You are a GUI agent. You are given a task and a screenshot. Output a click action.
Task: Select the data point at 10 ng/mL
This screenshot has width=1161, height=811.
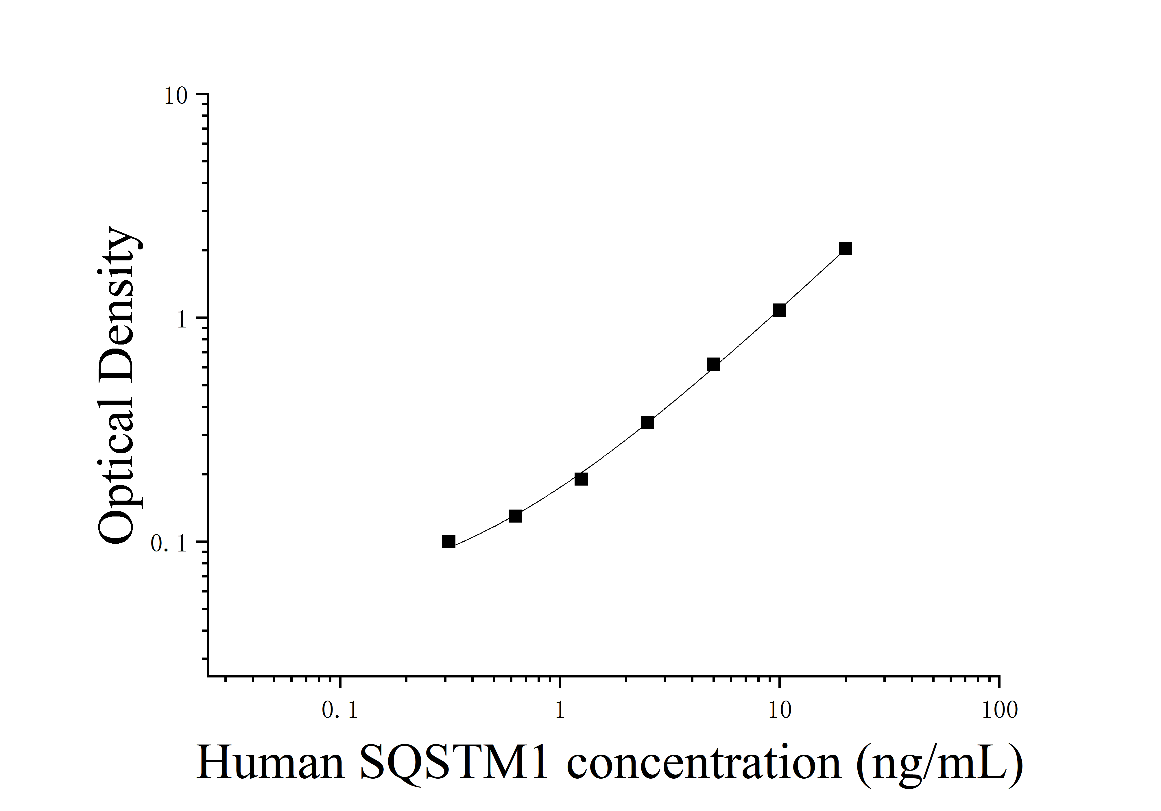click(779, 310)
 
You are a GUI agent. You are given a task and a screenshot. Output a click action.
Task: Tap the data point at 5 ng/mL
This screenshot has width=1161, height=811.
click(713, 364)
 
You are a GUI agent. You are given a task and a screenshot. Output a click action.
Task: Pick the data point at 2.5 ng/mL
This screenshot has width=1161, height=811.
click(647, 423)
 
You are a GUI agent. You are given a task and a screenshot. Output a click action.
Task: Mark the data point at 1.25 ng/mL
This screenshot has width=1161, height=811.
click(581, 479)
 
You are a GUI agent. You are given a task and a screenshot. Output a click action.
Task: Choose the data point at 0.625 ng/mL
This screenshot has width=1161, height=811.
click(515, 516)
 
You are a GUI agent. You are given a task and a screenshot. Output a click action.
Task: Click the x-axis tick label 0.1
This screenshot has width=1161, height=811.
click(340, 710)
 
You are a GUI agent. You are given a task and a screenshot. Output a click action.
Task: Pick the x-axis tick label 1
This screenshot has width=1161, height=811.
click(560, 710)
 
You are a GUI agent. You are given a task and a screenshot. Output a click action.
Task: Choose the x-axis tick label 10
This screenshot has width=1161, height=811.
click(780, 710)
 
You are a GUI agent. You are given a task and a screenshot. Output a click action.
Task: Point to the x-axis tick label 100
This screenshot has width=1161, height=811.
click(999, 710)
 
